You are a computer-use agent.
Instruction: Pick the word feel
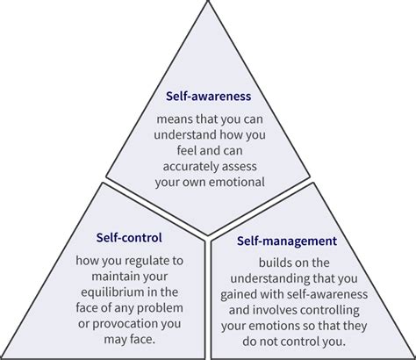[x=176, y=151]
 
